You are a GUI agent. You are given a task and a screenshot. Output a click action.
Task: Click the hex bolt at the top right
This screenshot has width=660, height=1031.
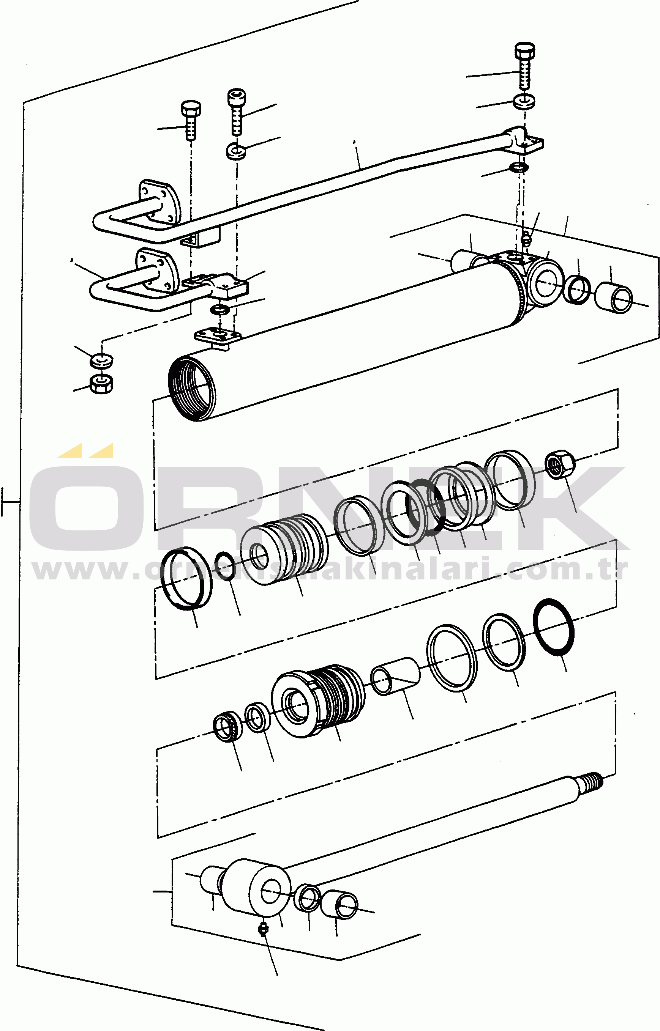click(x=524, y=64)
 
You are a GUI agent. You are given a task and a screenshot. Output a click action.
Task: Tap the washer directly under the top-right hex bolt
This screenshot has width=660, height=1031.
click(x=524, y=101)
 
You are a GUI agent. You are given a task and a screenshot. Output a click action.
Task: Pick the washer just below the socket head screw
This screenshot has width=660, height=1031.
click(x=236, y=150)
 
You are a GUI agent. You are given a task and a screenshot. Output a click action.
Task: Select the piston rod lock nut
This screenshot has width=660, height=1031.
click(x=559, y=464)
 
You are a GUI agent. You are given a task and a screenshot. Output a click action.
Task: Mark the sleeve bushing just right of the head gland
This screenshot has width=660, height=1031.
click(x=395, y=677)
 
